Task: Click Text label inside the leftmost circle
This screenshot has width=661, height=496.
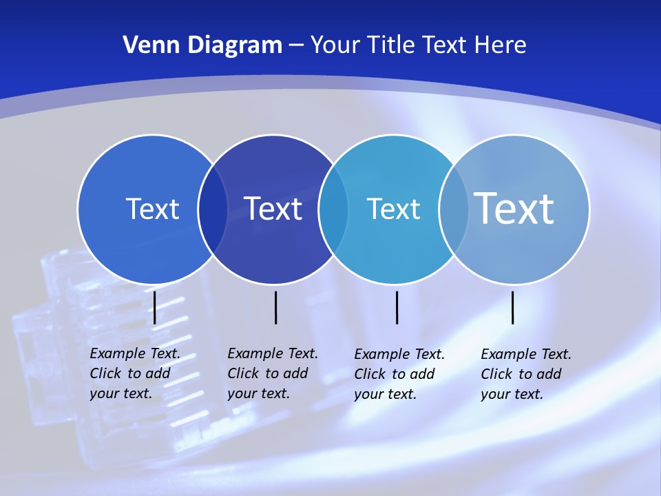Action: pos(152,209)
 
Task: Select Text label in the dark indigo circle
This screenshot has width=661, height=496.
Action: pos(273,209)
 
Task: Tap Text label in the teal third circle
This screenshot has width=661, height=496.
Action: pos(393,209)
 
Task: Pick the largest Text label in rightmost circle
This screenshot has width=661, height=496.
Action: pos(514,208)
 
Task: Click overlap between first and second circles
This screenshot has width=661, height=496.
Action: pos(213,209)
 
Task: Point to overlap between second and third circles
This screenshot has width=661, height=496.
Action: pos(333,209)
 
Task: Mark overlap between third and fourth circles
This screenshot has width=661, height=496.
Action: pos(454,209)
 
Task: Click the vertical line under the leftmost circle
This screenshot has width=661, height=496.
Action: pos(155,307)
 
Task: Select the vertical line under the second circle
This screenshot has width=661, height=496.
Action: pos(275,307)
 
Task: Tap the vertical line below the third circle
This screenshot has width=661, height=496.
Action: pos(397,307)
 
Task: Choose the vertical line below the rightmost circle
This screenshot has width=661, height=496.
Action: pos(513,307)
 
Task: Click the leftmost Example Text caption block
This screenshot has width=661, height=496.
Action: pos(134,373)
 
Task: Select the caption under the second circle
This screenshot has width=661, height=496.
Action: pos(272,373)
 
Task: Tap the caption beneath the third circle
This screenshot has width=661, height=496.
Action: pos(399,374)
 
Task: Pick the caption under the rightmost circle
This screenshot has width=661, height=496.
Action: pos(525,374)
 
